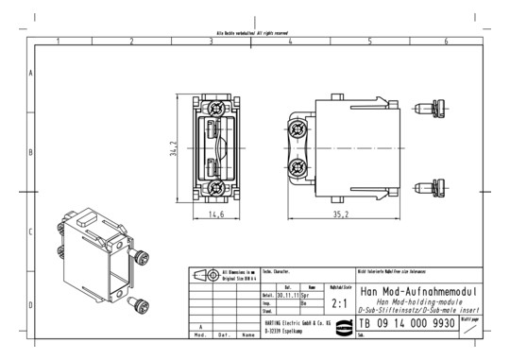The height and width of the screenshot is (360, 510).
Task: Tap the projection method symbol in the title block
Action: [x=204, y=275]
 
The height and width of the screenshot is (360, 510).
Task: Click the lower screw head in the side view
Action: [x=298, y=169]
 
